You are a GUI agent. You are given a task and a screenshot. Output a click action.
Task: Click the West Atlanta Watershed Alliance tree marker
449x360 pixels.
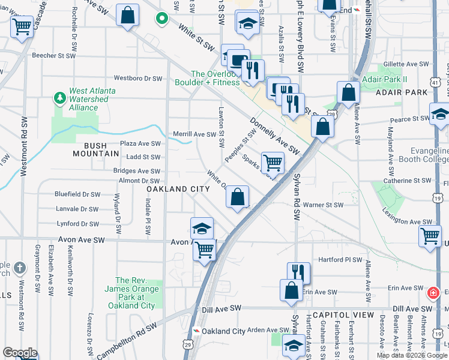[59, 97]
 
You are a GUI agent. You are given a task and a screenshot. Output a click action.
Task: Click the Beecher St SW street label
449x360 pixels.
[53, 55]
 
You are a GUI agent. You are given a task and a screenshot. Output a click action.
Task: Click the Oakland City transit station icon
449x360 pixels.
[196, 331]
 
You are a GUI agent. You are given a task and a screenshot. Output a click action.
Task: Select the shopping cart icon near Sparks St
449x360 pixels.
[273, 162]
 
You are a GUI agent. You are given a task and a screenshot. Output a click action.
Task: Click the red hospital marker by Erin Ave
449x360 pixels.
[432, 293]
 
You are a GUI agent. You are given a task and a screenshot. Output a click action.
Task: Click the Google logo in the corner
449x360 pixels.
[20, 353]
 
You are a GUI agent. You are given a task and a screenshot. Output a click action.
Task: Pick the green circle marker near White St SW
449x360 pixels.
[161, 19]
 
